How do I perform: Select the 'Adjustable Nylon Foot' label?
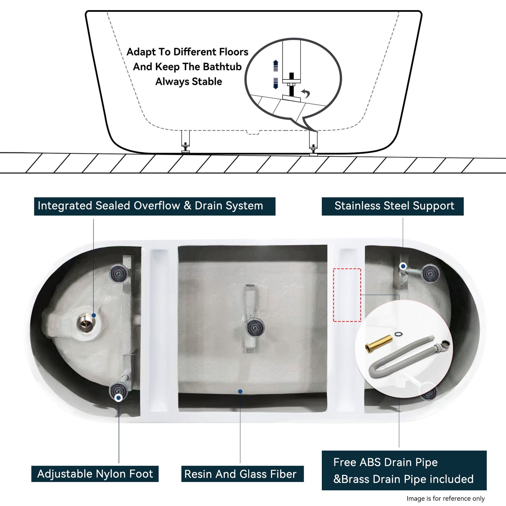click(95, 474)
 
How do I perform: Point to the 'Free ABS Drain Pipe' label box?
click(404, 470)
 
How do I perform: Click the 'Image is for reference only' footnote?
click(445, 498)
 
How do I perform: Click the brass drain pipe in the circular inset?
click(379, 344)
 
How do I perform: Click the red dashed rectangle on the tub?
click(347, 295)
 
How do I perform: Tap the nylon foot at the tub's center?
click(255, 327)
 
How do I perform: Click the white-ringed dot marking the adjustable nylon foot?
click(118, 398)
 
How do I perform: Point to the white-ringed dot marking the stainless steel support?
click(403, 266)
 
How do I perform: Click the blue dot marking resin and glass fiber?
click(240, 391)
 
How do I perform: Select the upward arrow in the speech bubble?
click(276, 65)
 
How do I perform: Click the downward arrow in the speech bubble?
click(276, 83)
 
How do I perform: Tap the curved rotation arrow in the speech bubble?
click(306, 93)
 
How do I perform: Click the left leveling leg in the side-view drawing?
click(185, 141)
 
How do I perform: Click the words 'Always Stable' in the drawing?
click(189, 82)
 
